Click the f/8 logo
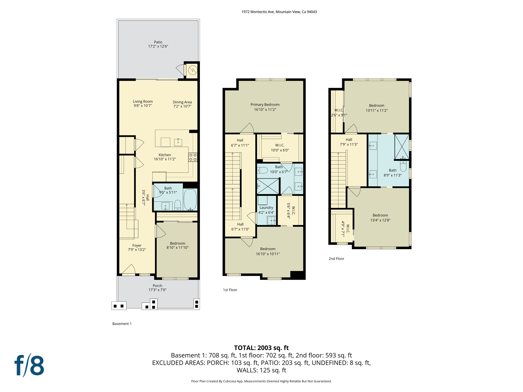(29, 365)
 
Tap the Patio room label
(158, 42)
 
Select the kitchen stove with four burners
(193, 157)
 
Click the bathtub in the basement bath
(190, 200)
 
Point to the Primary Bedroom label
(265, 105)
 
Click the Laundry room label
(266, 207)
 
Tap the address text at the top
(279, 12)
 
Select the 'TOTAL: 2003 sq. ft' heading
(261, 348)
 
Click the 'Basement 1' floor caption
(122, 324)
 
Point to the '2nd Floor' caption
(336, 259)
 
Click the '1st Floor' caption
(230, 290)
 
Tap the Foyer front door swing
(129, 269)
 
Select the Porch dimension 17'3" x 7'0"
(157, 290)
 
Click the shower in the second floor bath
(401, 147)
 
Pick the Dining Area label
(182, 102)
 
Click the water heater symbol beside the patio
(192, 70)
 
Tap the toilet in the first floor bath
(263, 170)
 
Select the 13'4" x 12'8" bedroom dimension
(380, 220)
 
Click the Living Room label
(142, 101)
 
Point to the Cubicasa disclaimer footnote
(261, 381)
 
